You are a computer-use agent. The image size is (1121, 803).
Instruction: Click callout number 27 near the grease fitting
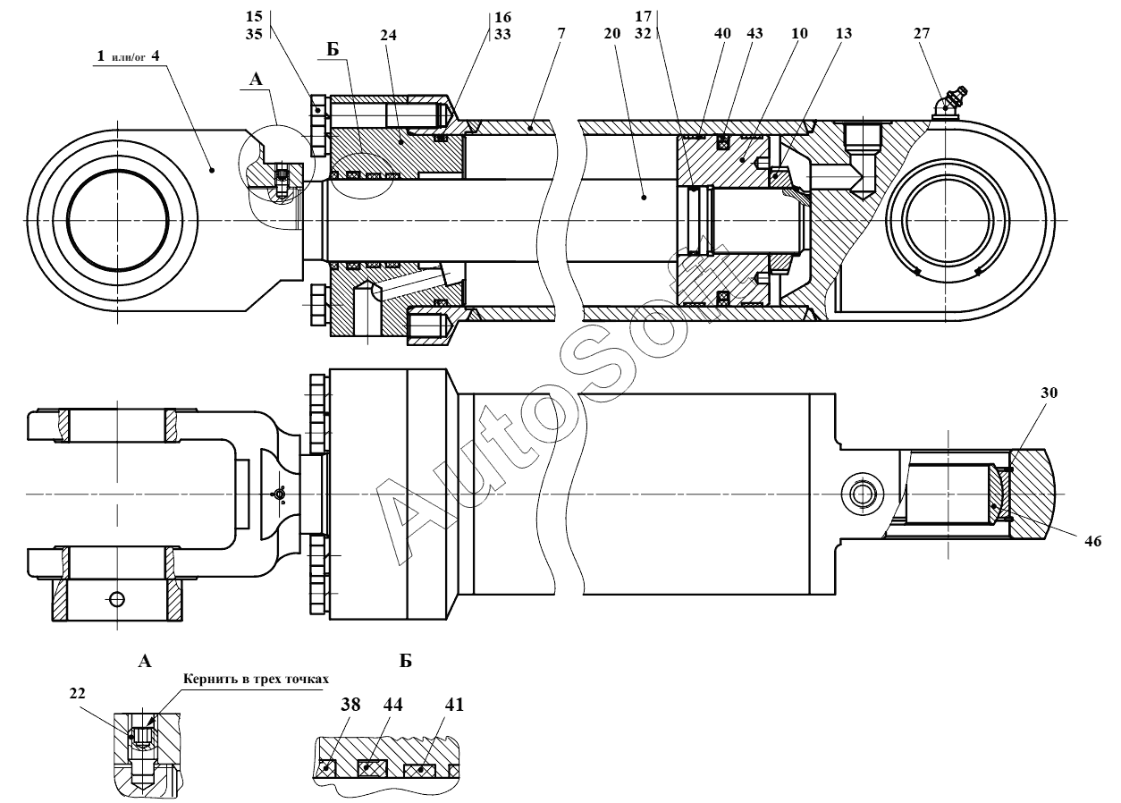922,33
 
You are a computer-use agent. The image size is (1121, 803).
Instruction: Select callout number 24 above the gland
388,35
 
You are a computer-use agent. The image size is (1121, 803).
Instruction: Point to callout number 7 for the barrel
561,34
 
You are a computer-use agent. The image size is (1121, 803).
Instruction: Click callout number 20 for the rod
612,34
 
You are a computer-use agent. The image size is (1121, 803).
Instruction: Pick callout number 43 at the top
754,34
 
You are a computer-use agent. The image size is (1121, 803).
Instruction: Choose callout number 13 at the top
844,34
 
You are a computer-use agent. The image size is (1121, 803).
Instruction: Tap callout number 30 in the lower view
1049,393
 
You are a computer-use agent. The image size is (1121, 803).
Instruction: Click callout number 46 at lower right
1093,541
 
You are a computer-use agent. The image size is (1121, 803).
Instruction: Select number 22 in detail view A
77,693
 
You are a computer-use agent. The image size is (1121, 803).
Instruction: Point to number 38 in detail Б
350,705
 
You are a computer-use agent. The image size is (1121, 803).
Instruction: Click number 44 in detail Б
392,705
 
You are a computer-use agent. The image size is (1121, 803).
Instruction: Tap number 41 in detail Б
454,705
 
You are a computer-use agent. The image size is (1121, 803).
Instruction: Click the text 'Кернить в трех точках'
256,680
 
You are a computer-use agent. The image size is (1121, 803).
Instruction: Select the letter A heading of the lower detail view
145,662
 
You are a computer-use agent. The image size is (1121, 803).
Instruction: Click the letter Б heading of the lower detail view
405,662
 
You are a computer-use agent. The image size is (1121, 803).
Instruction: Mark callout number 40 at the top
722,34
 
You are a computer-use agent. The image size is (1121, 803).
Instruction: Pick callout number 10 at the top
799,34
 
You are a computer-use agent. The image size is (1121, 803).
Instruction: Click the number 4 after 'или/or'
156,55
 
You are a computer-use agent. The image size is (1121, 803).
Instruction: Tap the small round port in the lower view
863,495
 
